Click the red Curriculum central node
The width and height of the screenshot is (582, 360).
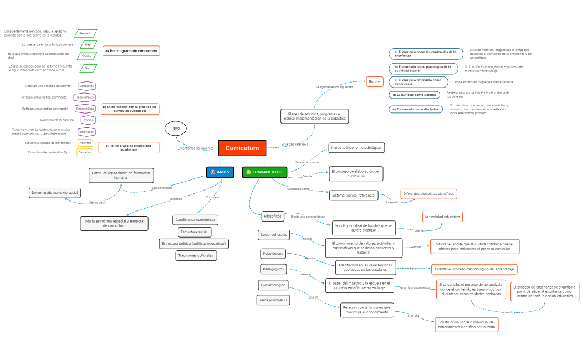(242, 148)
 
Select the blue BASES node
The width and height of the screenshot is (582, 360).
(220, 172)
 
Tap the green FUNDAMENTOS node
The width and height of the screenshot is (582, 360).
(264, 172)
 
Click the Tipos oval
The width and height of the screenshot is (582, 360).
(175, 128)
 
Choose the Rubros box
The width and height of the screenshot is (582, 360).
(375, 81)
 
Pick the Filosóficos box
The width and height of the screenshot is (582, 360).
(273, 215)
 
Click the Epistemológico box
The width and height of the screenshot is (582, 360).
(273, 285)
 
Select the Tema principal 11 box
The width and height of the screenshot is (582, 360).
(273, 300)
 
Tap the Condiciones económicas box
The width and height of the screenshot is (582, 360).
(196, 220)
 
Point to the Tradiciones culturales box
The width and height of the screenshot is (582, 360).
(196, 255)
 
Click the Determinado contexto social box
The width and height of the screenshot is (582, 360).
(55, 193)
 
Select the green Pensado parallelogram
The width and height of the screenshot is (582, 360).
(85, 33)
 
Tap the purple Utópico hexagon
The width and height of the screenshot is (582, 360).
(88, 120)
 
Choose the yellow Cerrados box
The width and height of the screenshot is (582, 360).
(85, 152)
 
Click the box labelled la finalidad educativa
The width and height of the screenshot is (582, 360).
(442, 217)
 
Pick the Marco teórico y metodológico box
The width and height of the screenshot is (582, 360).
(356, 148)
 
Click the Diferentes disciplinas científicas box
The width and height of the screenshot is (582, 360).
(428, 194)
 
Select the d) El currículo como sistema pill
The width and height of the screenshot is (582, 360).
(414, 95)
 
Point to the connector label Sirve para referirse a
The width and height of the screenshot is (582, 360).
(294, 144)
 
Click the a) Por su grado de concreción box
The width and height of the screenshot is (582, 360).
(131, 51)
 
